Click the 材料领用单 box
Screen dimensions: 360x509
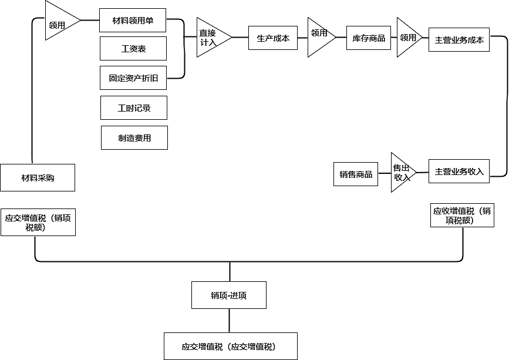coord(133,21)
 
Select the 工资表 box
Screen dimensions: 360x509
coord(133,49)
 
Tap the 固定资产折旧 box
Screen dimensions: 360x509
coord(133,78)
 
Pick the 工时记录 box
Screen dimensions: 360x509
coord(134,108)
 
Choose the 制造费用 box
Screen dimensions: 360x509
coord(134,138)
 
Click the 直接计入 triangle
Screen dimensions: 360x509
coord(210,38)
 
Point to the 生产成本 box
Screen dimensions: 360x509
coord(273,38)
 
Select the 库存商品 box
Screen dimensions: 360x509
coord(369,38)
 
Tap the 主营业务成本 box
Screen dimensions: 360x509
coord(459,40)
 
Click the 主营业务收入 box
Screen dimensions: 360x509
coord(459,171)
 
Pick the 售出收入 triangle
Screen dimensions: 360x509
coord(401,172)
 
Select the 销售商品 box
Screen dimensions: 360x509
coord(356,174)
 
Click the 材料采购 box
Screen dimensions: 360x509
coord(38,178)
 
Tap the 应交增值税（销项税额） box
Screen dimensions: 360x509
coord(38,223)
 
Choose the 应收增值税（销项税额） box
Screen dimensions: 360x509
coord(463,216)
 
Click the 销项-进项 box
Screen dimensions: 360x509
coord(229,295)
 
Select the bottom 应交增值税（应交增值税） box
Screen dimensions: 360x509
coord(230,346)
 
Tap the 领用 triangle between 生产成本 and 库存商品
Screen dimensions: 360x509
coord(320,37)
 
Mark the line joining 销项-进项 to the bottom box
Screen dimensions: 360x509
coord(230,321)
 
